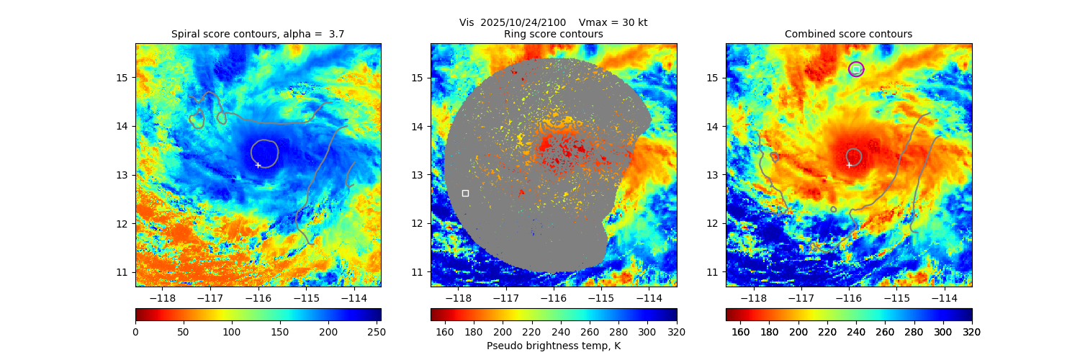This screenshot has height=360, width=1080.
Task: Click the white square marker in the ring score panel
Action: (465, 193)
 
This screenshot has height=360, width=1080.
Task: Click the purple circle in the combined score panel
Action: (856, 69)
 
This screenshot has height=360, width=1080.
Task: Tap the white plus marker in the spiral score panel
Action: (258, 165)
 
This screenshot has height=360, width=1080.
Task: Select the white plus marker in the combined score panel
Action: (849, 165)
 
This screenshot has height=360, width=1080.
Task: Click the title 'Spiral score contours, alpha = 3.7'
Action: (258, 34)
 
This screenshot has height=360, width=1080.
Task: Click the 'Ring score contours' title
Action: (553, 34)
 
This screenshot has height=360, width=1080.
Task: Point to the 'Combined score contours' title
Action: (848, 34)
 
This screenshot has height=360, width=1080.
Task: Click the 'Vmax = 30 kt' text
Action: (613, 22)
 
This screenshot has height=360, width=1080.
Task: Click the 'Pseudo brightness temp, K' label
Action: (553, 346)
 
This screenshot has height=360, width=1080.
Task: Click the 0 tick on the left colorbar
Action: (135, 331)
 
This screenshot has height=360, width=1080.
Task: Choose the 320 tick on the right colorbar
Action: (972, 331)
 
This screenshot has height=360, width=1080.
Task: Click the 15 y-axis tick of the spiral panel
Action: (123, 78)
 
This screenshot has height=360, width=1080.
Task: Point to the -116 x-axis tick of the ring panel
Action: (553, 298)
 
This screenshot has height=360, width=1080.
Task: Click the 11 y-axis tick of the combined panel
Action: (714, 272)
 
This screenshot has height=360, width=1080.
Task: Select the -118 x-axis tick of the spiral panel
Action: (161, 298)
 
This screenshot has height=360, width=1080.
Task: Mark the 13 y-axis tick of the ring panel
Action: (418, 175)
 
